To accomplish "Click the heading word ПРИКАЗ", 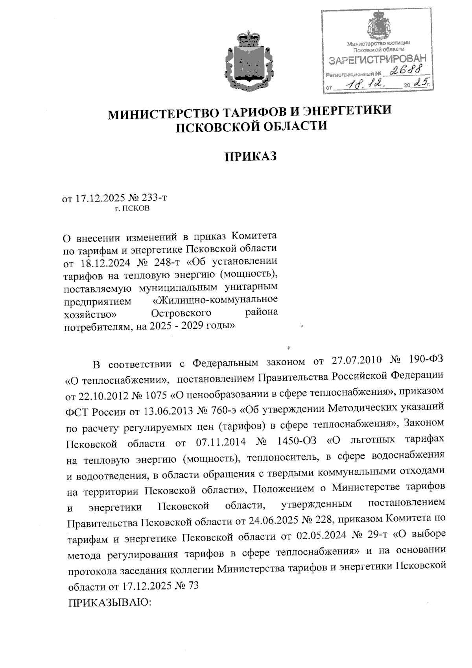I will coord(251,156).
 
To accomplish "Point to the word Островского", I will coord(181,313).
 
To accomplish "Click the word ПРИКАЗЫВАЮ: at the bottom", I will coord(110,603).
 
